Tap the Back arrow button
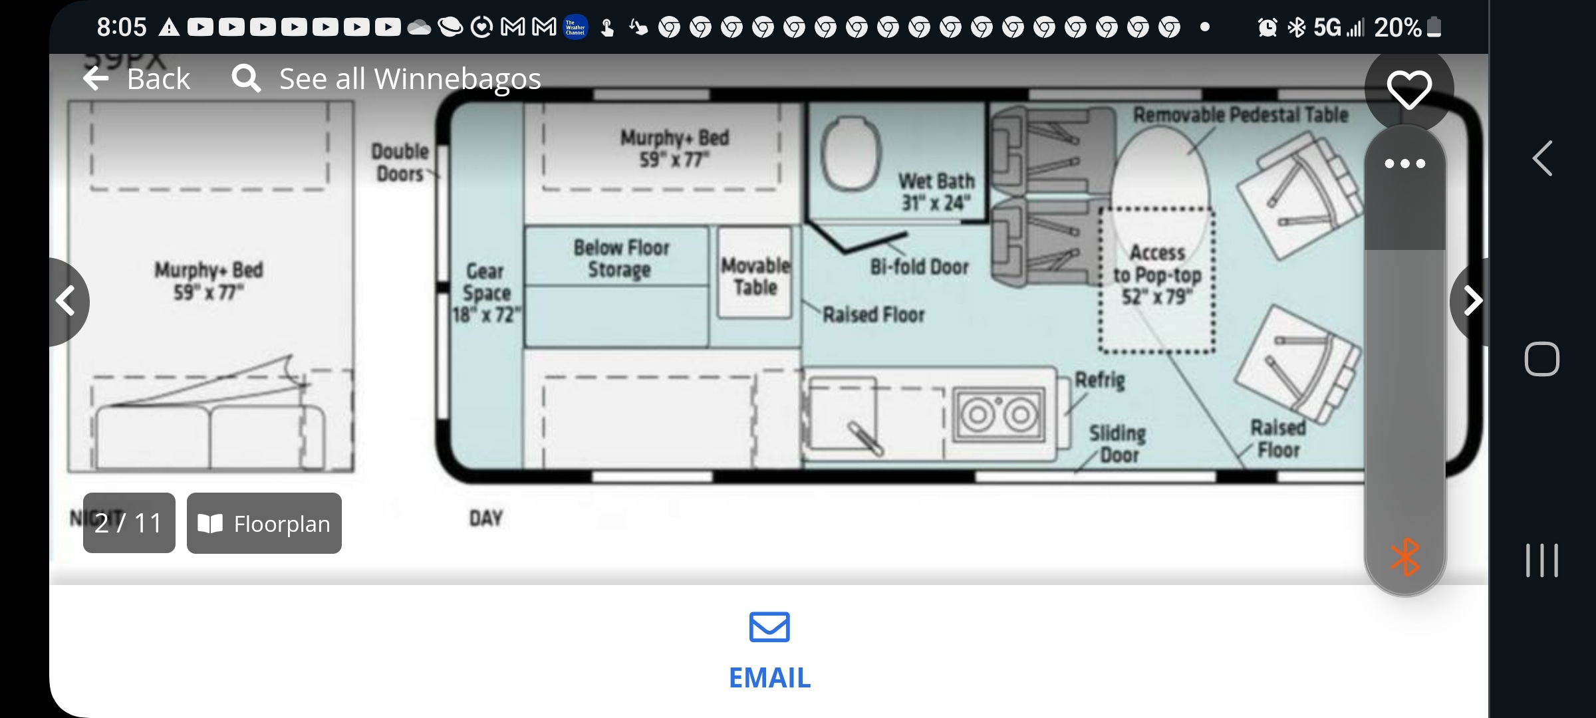tap(97, 78)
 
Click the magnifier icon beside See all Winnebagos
tap(245, 78)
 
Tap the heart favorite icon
tap(1408, 89)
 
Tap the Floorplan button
tap(264, 523)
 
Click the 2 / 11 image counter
tap(129, 523)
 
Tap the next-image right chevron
tap(1472, 301)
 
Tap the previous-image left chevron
tap(66, 301)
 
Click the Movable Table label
tap(755, 276)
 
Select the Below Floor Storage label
tap(621, 258)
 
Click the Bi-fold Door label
tap(919, 267)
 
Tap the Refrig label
tap(1100, 380)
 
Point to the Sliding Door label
tap(1118, 444)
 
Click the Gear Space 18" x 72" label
tap(486, 293)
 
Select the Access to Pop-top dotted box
tap(1157, 279)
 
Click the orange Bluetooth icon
tap(1404, 557)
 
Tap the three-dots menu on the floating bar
tap(1404, 164)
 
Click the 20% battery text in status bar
tap(1397, 27)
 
